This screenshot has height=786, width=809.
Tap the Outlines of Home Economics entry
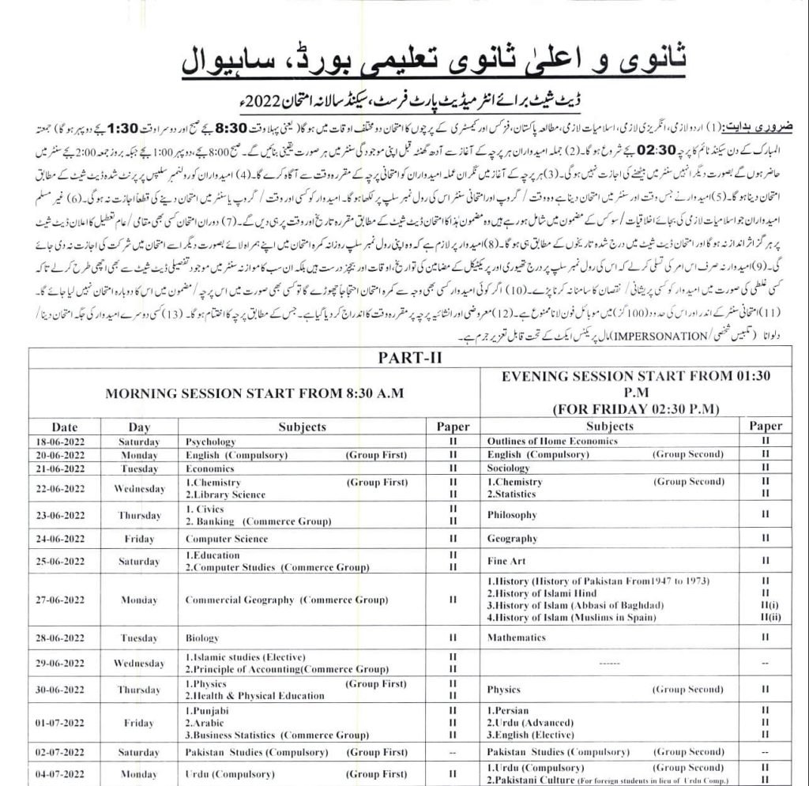[x=552, y=441]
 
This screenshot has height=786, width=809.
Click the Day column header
[x=139, y=427]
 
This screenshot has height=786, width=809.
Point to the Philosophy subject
[x=513, y=515]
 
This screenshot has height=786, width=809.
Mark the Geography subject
[x=513, y=539]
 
